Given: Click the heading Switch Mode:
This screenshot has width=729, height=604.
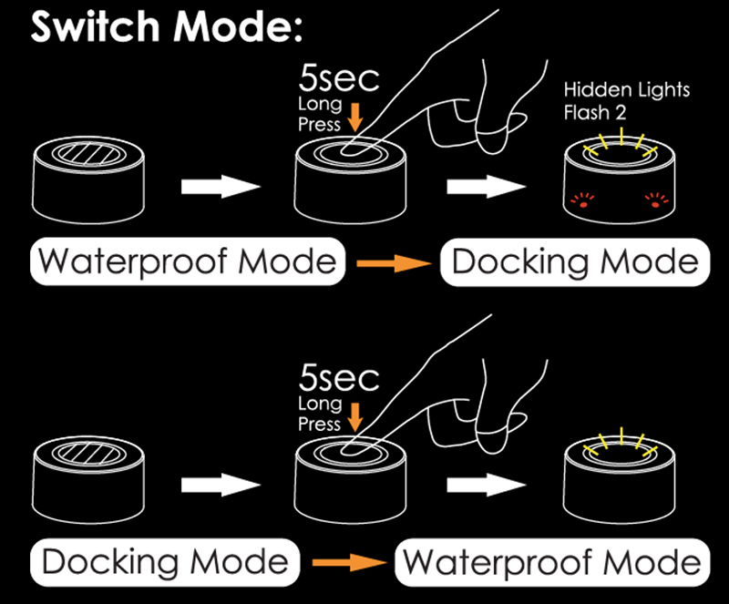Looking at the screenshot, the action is (x=167, y=27).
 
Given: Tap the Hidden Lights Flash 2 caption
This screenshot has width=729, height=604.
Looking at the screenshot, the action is (x=627, y=101).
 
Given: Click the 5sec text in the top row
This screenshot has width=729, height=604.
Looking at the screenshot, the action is (x=339, y=78).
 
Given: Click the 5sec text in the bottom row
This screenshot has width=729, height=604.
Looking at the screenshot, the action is (x=339, y=378).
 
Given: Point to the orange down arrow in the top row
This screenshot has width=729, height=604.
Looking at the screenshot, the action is (x=355, y=118).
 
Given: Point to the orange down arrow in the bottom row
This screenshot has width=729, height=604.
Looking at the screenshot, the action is (x=355, y=417).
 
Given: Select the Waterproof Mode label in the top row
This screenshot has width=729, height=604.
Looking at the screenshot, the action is (x=188, y=261).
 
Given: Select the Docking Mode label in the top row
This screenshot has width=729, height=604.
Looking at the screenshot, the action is (x=575, y=261).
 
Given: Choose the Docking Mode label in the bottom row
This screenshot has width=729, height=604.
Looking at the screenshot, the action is (x=165, y=562).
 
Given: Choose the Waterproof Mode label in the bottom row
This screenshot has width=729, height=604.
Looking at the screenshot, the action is (x=552, y=563).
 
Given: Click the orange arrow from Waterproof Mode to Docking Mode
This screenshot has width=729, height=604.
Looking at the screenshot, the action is (x=394, y=263).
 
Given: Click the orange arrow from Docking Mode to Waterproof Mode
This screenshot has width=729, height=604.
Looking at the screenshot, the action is (x=350, y=563).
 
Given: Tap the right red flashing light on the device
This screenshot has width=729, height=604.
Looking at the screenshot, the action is (x=656, y=200).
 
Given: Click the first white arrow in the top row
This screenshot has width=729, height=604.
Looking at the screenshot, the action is (x=221, y=187).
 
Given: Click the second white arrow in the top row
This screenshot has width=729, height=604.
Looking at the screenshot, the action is (x=487, y=187).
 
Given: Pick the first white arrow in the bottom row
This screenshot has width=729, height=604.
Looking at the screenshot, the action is (x=221, y=485).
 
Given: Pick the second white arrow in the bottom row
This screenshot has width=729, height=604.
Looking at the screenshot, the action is (x=487, y=485).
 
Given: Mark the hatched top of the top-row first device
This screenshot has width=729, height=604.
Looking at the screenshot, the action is (x=88, y=154).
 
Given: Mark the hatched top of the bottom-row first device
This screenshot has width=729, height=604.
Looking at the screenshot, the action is (x=88, y=454).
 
